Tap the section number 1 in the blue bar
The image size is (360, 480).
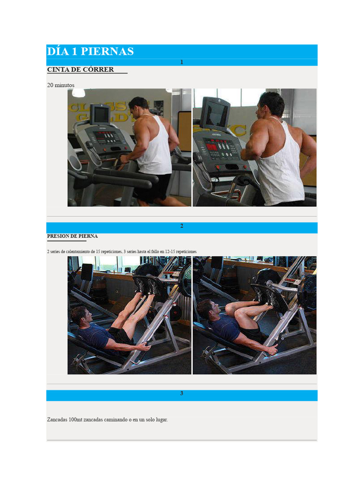181,62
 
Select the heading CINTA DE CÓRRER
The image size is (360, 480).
81,69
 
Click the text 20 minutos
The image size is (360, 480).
60,85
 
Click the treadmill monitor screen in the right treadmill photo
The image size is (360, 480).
215,112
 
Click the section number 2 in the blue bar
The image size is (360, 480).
181,226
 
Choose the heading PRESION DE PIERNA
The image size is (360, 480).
72,236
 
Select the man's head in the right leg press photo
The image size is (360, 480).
206,309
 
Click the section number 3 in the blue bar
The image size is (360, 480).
181,393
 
